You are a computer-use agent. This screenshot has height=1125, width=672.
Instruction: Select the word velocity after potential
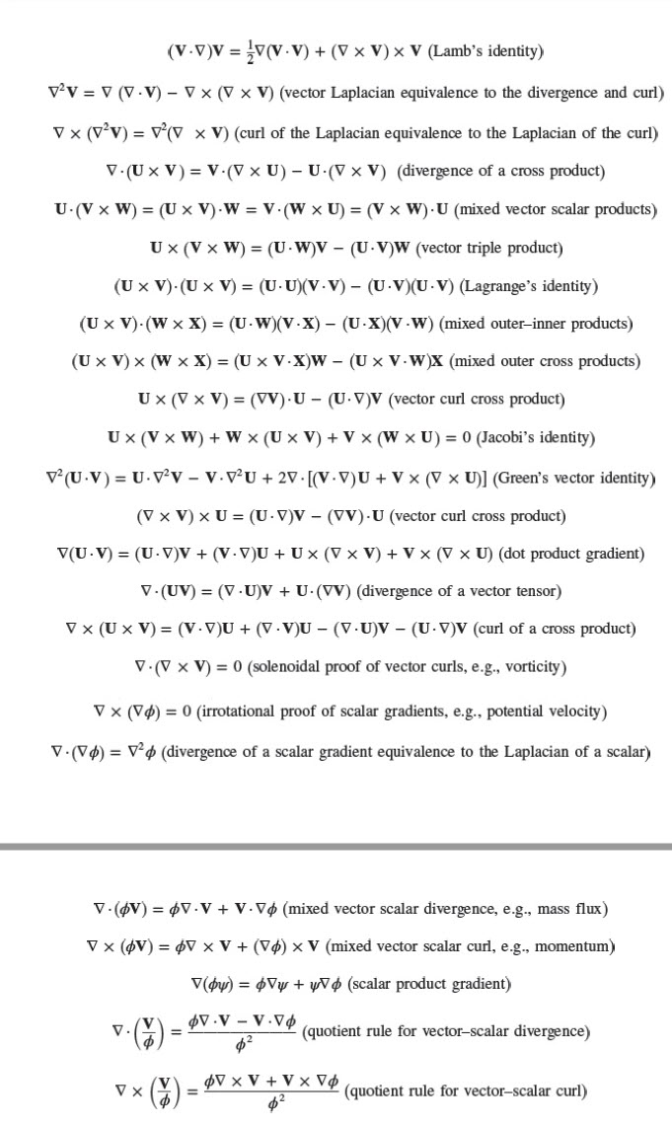pyautogui.click(x=571, y=712)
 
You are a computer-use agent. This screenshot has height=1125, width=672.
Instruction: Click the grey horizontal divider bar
pyautogui.click(x=336, y=846)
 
